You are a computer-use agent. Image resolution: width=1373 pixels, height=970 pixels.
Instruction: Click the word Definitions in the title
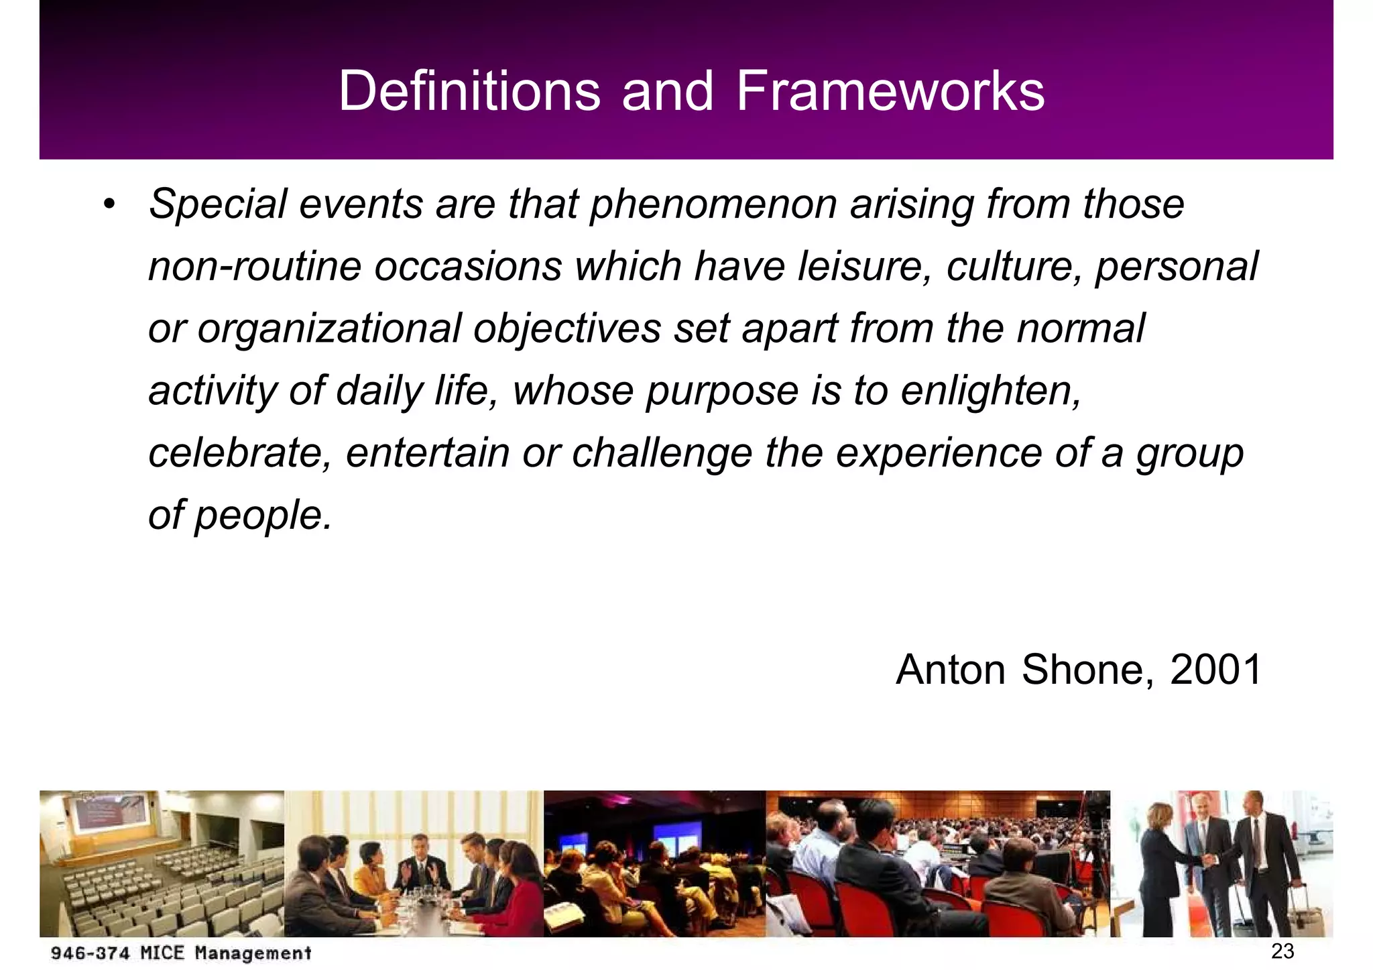(469, 91)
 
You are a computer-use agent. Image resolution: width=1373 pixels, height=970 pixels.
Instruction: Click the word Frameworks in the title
(890, 91)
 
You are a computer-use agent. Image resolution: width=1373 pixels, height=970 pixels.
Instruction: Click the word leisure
(864, 267)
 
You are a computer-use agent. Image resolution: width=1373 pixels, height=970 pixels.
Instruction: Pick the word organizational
(330, 329)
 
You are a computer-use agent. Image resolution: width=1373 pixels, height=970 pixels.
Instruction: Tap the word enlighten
(990, 391)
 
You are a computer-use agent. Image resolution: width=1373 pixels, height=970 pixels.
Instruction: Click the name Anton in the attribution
(951, 669)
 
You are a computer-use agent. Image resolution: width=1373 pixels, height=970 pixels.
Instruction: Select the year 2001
(1215, 669)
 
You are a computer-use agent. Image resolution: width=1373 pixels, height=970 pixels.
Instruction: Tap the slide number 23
(1282, 951)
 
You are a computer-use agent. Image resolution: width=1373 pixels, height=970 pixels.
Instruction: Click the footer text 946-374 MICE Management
(181, 953)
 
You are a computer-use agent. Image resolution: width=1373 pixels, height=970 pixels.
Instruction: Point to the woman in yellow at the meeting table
(371, 871)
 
